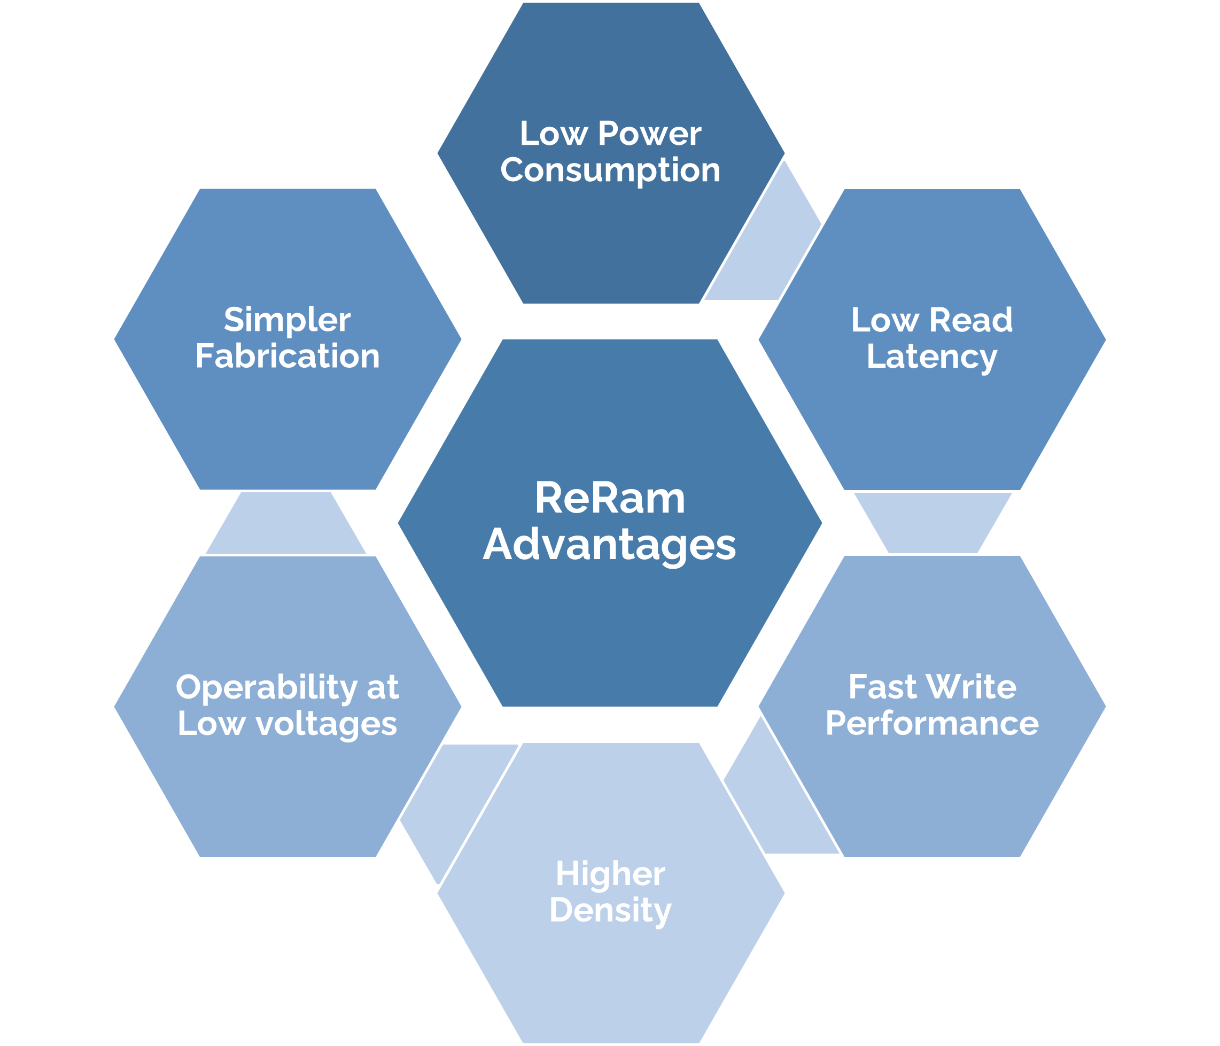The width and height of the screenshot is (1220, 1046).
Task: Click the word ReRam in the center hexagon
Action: [x=610, y=499]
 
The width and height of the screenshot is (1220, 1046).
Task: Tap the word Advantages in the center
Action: [x=610, y=545]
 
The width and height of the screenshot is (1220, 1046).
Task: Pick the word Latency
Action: [x=931, y=357]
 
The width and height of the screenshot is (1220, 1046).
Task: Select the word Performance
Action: [x=931, y=724]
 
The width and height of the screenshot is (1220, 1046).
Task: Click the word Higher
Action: [x=610, y=874]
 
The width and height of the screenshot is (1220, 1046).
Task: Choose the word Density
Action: [x=610, y=911]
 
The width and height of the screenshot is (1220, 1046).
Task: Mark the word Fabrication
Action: [x=287, y=357]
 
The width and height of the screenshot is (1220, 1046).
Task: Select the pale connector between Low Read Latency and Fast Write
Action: [x=933, y=523]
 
